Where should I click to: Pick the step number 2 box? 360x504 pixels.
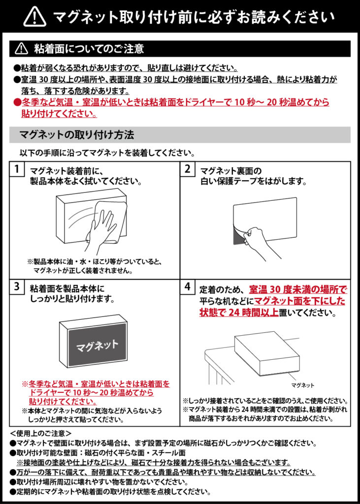pyautogui.click(x=188, y=169)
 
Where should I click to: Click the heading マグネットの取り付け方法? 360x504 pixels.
pyautogui.click(x=76, y=135)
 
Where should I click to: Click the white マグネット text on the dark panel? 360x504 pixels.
pyautogui.click(x=97, y=346)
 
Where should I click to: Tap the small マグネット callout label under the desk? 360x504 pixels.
pyautogui.click(x=302, y=385)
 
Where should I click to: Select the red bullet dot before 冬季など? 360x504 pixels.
pyautogui.click(x=17, y=103)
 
